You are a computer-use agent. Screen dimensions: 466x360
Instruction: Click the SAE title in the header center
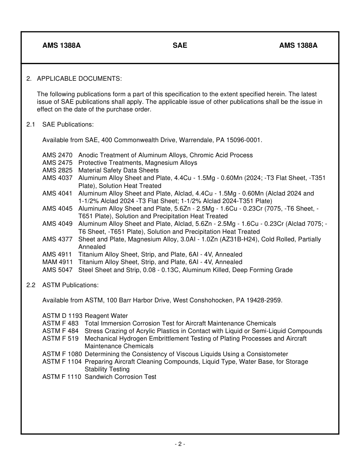coord(180,45)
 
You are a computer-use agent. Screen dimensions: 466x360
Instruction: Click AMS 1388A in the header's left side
coord(61,45)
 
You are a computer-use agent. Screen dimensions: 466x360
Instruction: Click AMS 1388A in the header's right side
coord(298,45)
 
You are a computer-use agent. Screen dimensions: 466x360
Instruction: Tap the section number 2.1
coord(31,125)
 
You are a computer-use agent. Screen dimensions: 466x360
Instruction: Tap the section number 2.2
coord(31,285)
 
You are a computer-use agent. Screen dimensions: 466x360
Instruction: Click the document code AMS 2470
coord(57,155)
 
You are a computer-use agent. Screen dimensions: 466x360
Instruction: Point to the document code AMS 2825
coord(57,170)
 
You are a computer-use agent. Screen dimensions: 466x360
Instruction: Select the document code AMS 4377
coord(57,239)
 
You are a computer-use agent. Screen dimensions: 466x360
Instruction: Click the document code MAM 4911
coord(57,262)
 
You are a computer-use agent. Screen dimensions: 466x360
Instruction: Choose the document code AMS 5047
coord(57,270)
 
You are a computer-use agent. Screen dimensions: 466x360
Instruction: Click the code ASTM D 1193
coord(62,316)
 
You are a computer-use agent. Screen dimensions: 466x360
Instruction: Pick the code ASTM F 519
coord(60,339)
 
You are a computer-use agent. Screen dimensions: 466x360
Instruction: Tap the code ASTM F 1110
coord(62,377)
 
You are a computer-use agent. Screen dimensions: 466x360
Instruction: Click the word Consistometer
coord(268,354)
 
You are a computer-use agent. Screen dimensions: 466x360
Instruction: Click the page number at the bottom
coord(180,444)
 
